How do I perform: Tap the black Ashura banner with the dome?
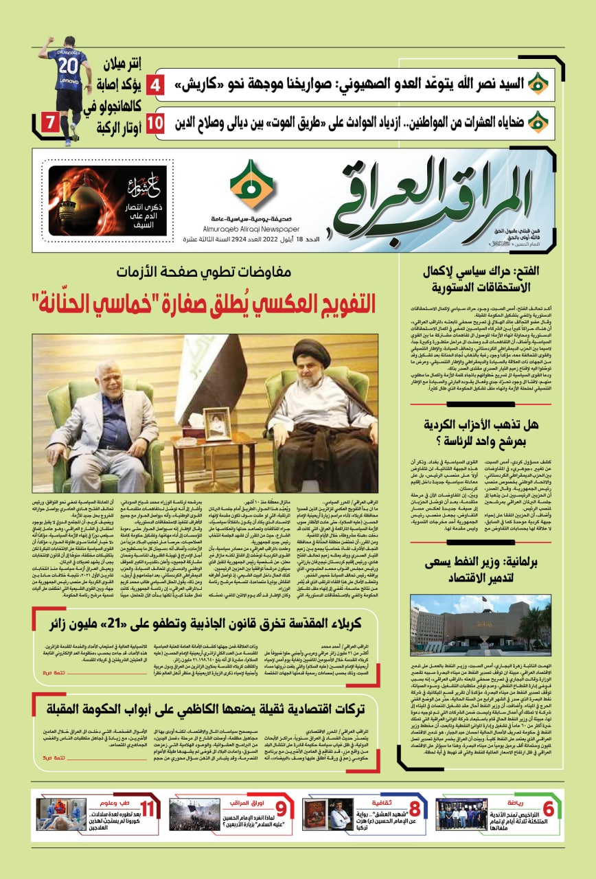[x=108, y=201]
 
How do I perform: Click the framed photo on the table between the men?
[x=218, y=423]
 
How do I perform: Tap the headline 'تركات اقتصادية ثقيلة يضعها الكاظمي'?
[x=206, y=709]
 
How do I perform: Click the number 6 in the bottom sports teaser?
[x=548, y=810]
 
